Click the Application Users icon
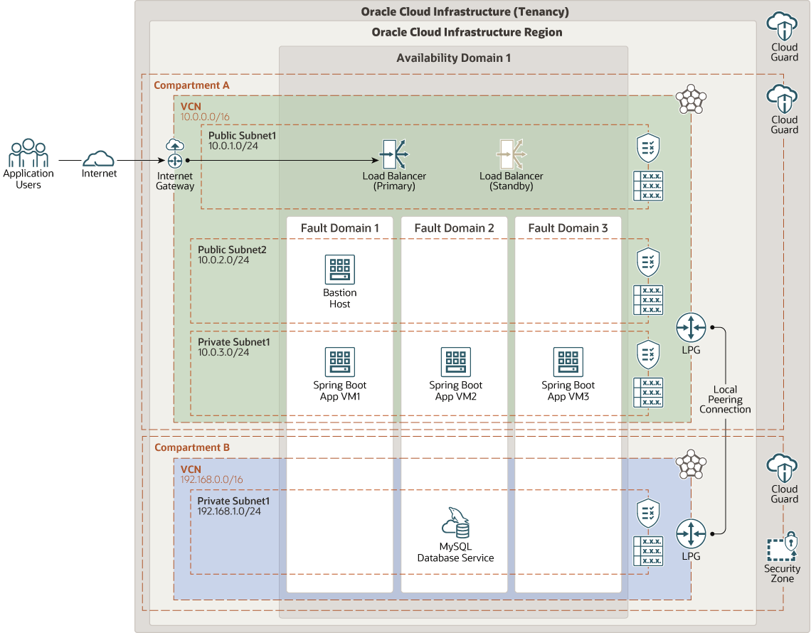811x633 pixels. [28, 153]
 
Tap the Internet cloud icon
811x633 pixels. [99, 159]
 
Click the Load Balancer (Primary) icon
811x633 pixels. [395, 154]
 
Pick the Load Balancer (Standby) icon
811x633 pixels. [511, 154]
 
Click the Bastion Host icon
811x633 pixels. [339, 270]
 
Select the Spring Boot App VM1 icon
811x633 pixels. [339, 362]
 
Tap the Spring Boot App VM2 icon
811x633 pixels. [455, 362]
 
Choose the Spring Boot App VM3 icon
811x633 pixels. [568, 362]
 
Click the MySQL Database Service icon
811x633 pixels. [456, 523]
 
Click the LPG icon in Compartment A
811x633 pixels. [690, 328]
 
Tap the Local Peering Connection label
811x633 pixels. [725, 399]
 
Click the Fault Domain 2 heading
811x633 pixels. [454, 228]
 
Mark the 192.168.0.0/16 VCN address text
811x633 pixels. [211, 480]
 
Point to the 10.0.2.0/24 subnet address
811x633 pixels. [223, 260]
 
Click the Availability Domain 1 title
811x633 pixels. [453, 58]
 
